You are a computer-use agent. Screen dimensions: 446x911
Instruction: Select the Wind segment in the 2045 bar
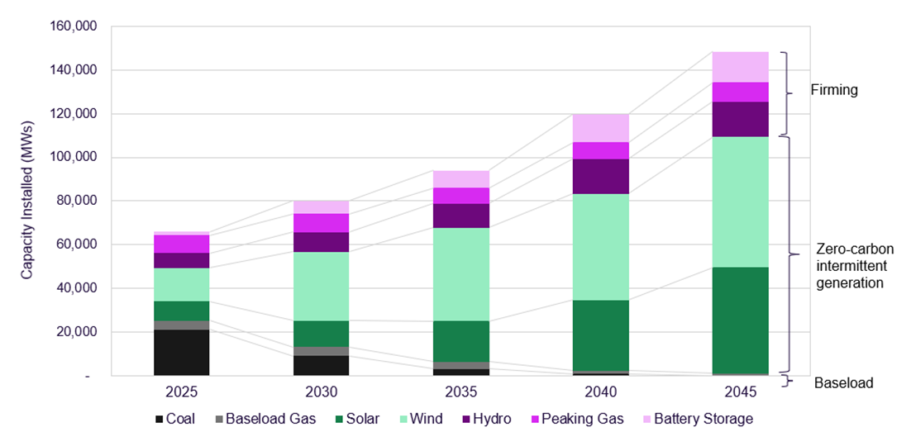(741, 202)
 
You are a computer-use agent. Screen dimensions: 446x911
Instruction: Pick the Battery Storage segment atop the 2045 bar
(741, 67)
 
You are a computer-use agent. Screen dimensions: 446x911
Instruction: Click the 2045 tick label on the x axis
(741, 390)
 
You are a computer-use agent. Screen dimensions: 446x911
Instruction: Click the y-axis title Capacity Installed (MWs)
(27, 202)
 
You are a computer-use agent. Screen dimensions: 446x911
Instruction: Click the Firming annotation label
(834, 90)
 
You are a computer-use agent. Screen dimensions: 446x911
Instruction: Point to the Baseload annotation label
(844, 383)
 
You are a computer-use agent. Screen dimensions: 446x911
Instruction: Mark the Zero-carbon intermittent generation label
(850, 265)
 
